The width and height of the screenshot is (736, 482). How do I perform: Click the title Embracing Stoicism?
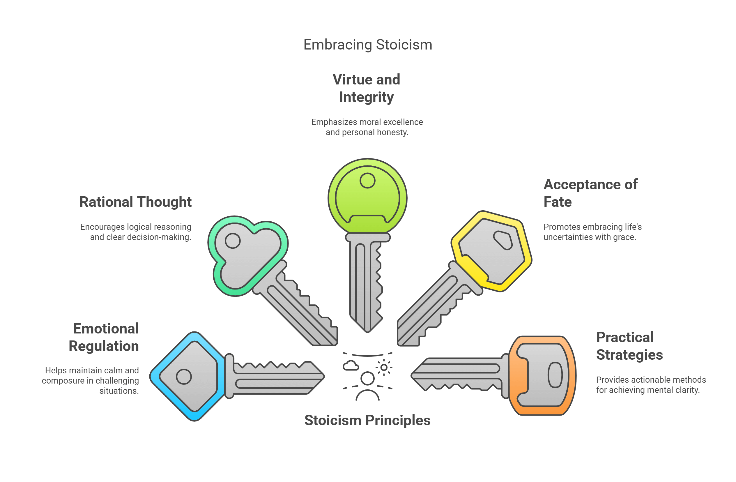point(368,45)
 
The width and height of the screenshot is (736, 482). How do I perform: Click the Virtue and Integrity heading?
point(367,88)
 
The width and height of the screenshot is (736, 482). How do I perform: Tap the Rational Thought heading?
point(135,202)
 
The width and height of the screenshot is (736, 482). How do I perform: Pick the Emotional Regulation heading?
point(104,337)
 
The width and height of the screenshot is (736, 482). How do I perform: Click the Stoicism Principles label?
point(367,421)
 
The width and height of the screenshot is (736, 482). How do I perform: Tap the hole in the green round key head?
point(367,180)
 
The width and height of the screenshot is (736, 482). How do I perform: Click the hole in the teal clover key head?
point(233,240)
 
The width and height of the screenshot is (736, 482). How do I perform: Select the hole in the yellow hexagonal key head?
point(503,240)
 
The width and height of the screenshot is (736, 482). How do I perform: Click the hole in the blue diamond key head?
point(184,377)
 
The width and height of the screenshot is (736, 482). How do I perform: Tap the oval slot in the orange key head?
point(555,375)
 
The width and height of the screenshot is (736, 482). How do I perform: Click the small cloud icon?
point(351,366)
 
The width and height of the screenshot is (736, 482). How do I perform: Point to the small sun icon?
point(384,367)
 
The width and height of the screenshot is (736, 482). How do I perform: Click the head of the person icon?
point(367,378)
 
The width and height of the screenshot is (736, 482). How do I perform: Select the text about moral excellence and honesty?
point(367,127)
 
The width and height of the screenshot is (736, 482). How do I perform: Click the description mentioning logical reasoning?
point(136,232)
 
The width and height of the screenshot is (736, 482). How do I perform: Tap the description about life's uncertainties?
point(592,232)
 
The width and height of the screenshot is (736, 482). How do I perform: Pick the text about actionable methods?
point(651,384)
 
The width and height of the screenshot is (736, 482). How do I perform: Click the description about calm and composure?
point(91,380)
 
